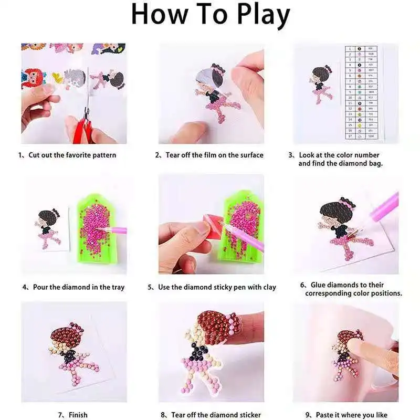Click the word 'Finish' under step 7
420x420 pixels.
tap(80, 415)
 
